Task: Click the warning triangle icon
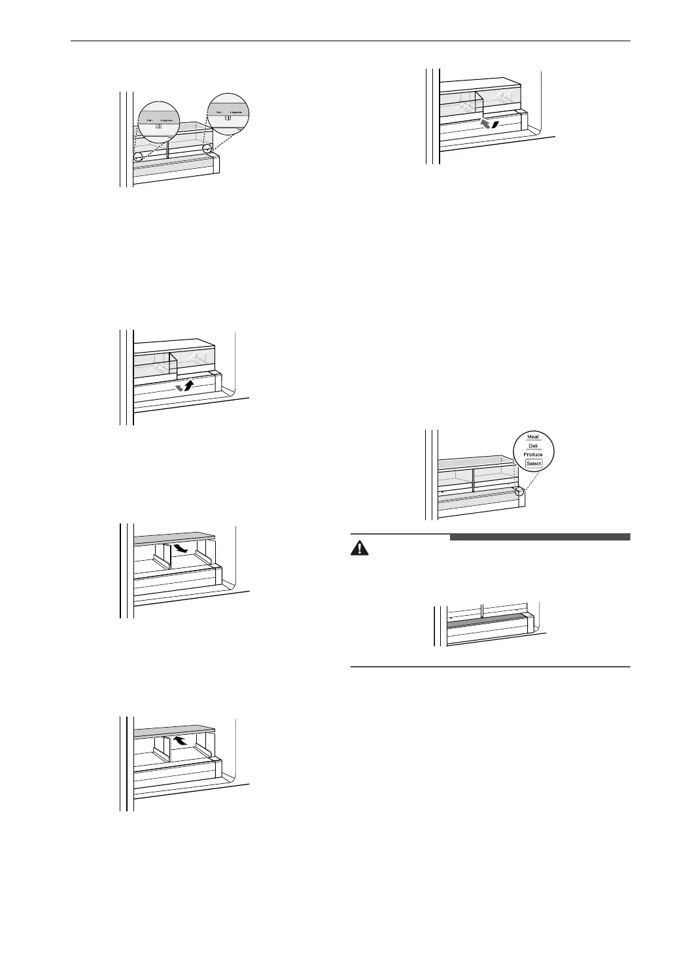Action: coord(359,548)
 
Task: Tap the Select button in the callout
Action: coord(533,463)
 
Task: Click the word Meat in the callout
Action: coord(532,437)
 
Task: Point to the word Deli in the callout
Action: coord(532,446)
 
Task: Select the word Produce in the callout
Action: coord(532,454)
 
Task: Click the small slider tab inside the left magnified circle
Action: coord(158,126)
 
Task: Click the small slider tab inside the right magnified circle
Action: coord(227,119)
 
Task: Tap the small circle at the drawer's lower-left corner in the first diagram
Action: coord(139,158)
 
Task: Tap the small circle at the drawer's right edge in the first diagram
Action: coord(207,150)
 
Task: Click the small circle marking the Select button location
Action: coord(520,491)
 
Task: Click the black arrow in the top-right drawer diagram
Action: coord(496,124)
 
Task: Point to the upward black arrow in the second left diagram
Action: coord(189,385)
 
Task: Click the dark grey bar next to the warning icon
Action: coord(540,537)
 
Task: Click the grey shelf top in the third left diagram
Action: coord(175,537)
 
